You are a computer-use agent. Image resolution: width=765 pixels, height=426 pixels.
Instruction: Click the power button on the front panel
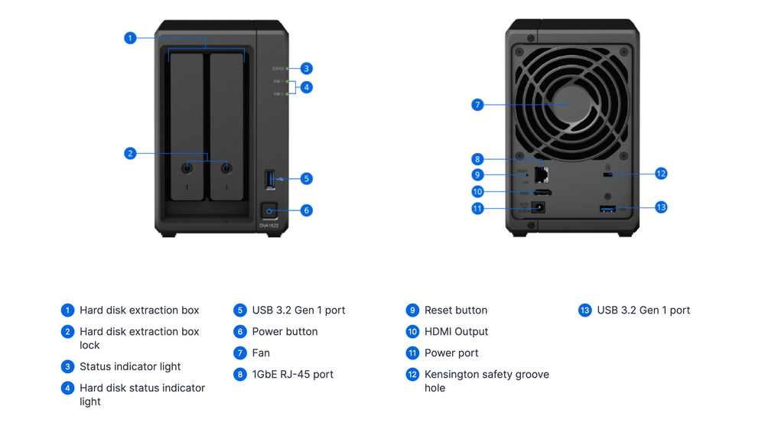coord(269,210)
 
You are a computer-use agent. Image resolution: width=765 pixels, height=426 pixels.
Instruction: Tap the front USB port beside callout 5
coord(269,179)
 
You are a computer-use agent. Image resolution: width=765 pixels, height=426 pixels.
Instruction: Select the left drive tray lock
coord(187,168)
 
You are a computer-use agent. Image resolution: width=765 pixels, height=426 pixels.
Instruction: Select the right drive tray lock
coord(226,168)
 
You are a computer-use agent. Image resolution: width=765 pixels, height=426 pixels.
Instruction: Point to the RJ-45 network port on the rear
coord(543,174)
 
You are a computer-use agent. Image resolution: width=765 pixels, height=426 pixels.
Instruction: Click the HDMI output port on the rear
coord(543,192)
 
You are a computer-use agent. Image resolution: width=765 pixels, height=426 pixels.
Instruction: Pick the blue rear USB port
coord(608,208)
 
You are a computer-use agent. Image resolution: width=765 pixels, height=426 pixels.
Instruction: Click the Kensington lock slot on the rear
coord(608,175)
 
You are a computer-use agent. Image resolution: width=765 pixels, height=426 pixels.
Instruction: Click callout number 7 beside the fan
coord(477,105)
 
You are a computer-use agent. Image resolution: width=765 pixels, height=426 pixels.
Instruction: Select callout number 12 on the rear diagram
coord(661,174)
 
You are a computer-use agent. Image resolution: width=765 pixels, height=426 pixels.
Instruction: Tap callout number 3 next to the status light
coord(306,68)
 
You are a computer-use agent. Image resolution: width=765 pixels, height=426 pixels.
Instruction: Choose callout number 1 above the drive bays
coord(130,37)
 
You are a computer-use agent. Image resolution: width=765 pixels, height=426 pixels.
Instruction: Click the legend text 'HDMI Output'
coord(456,332)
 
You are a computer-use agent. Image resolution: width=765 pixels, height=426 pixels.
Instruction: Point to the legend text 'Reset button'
coord(455,311)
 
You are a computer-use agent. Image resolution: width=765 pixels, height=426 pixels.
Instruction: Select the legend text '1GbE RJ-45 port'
coord(292,375)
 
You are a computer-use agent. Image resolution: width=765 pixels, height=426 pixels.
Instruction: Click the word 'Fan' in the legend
coord(261,353)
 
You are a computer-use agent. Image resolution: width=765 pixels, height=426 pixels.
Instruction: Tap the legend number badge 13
coord(585,311)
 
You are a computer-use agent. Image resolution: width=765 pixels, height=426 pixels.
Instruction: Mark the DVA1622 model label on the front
coord(269,226)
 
